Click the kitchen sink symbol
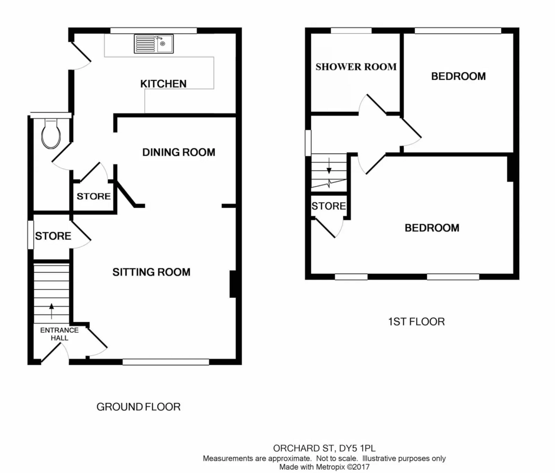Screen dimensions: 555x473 (x=153, y=43)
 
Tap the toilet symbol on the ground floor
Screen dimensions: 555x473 (x=51, y=133)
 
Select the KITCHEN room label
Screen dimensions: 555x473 (x=163, y=84)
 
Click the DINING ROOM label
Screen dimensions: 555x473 (x=179, y=152)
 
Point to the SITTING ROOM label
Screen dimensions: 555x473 (x=152, y=272)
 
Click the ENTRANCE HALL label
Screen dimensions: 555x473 (x=60, y=334)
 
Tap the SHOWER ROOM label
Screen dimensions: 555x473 (x=356, y=67)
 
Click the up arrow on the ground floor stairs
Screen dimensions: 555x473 (x=51, y=311)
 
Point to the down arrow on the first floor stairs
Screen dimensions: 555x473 (x=329, y=166)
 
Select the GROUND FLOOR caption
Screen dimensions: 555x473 (x=138, y=407)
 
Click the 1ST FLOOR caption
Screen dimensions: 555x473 (x=416, y=322)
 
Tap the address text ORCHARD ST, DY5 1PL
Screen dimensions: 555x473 (x=324, y=448)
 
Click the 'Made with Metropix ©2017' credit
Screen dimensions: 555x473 (x=324, y=467)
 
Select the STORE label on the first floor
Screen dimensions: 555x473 (x=328, y=206)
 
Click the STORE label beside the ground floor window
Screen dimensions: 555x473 (x=53, y=236)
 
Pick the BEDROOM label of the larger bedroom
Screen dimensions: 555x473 (x=432, y=228)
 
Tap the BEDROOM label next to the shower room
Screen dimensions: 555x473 (x=459, y=76)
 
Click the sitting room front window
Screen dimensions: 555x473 (x=166, y=362)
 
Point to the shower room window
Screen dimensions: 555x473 (x=351, y=31)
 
